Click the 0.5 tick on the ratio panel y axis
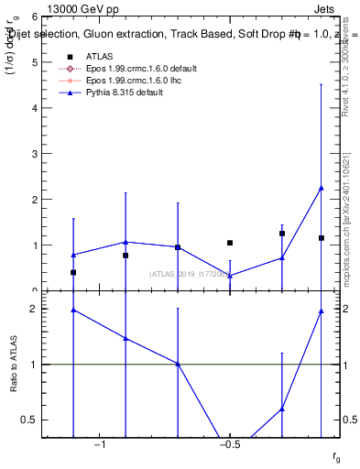coord(33,420)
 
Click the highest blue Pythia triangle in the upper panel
coord(322,188)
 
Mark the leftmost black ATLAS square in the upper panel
coord(73,273)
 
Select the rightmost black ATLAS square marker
coord(322,238)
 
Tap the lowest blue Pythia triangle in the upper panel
coord(230,276)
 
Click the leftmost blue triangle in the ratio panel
coord(73,310)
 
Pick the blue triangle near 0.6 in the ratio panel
coord(282,409)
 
